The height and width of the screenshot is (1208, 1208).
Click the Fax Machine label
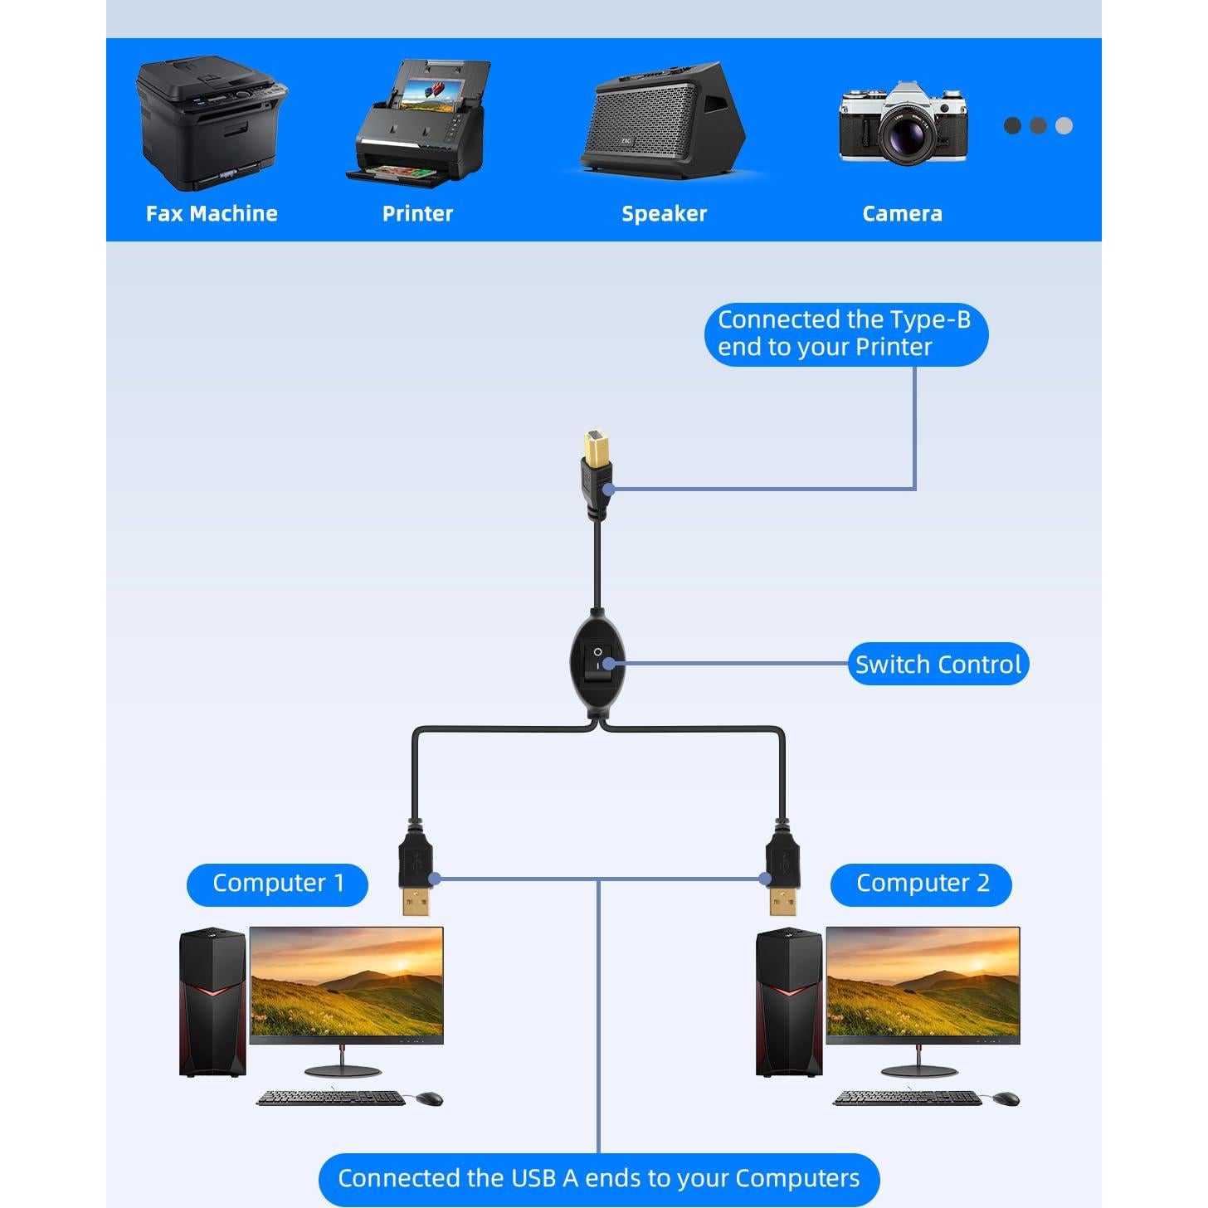(212, 213)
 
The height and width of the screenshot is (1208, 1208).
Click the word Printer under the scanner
(417, 213)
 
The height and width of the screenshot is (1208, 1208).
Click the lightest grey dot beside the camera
(1064, 126)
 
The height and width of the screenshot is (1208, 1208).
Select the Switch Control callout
(938, 664)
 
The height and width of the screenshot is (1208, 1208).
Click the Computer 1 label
(278, 884)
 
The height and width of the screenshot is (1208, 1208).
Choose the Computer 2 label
(922, 884)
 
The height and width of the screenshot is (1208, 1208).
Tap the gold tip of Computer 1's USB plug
(416, 900)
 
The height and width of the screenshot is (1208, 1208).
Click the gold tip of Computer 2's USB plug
(782, 901)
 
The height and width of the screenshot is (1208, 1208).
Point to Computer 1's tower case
(213, 1002)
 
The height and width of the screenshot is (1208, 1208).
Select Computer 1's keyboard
(331, 1098)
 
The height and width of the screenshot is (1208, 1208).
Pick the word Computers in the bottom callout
(796, 1178)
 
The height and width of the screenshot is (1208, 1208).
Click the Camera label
(902, 213)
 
